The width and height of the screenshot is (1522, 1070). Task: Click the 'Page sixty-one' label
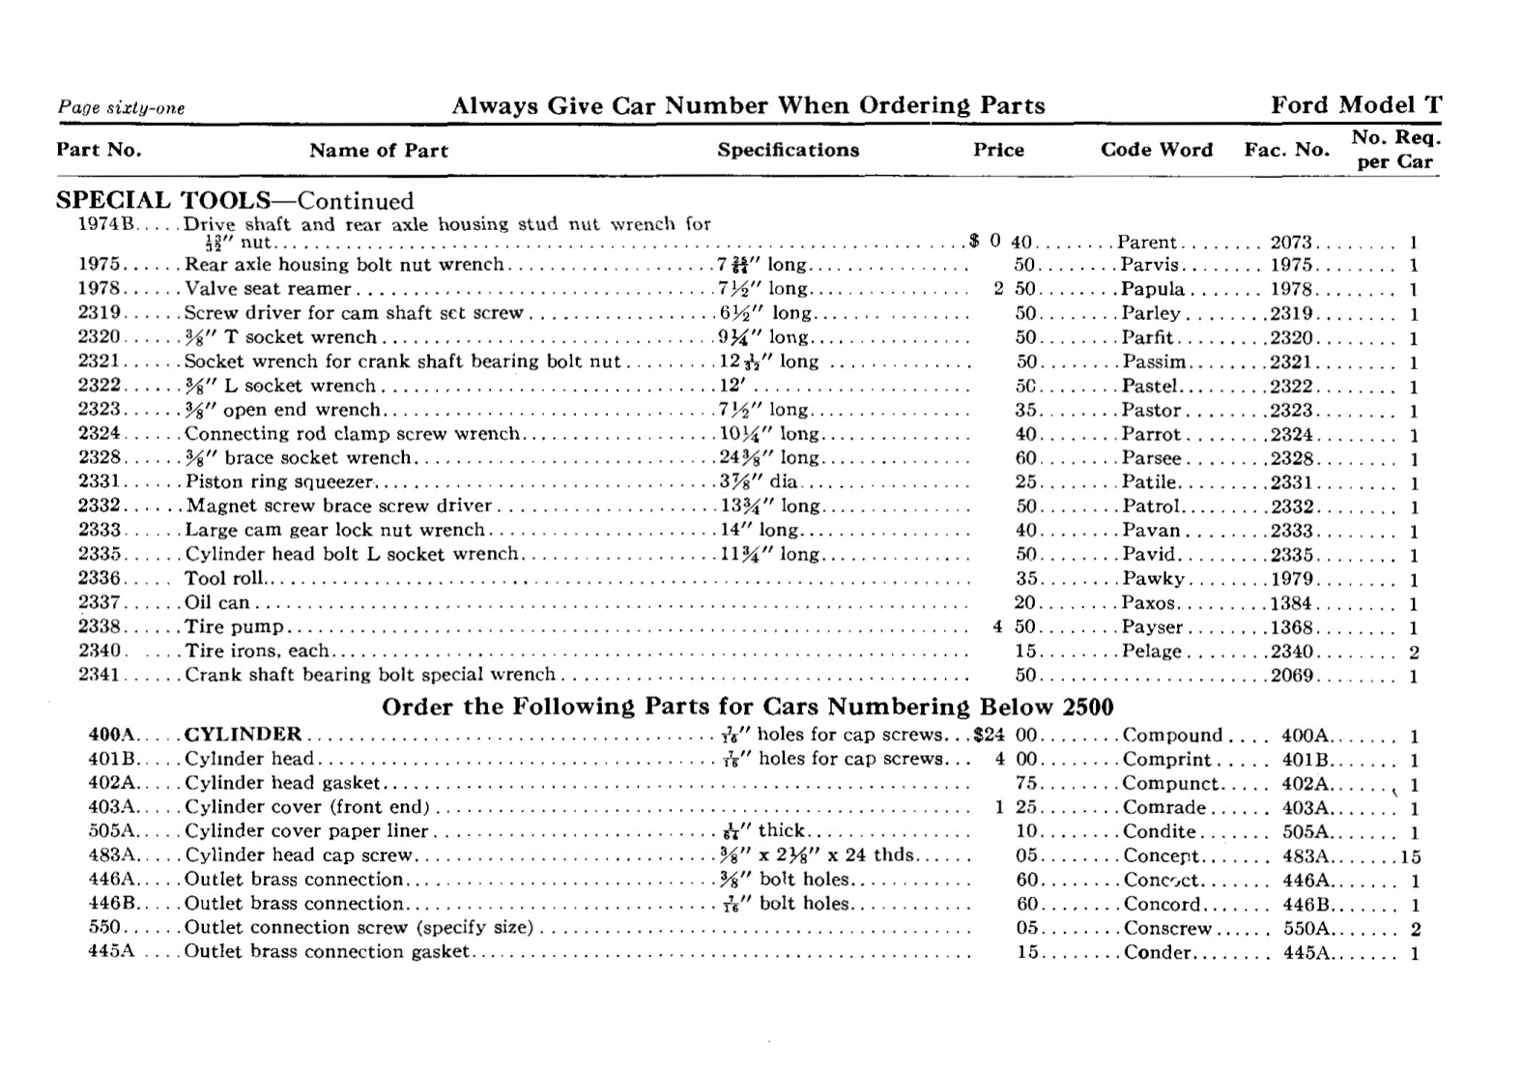coord(121,108)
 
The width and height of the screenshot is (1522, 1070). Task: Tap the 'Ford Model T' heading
coord(1356,105)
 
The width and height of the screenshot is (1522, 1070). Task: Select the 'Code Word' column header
coord(1156,150)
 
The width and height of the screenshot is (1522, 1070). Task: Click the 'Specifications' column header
coord(788,150)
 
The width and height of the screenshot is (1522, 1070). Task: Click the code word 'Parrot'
coord(1151,435)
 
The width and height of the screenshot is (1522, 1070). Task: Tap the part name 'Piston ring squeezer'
coord(280,482)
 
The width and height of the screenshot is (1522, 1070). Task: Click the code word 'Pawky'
coord(1153,579)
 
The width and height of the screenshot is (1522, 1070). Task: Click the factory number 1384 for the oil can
coord(1292,603)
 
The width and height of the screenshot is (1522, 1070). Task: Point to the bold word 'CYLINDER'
coord(243,735)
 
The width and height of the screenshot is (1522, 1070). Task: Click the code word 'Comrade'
coord(1163,808)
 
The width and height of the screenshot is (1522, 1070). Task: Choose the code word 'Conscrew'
coord(1166,929)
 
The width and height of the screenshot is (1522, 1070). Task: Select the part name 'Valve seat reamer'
coord(268,289)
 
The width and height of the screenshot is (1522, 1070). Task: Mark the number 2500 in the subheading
coord(1087,708)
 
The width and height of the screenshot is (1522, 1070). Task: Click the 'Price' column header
coord(997,150)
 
